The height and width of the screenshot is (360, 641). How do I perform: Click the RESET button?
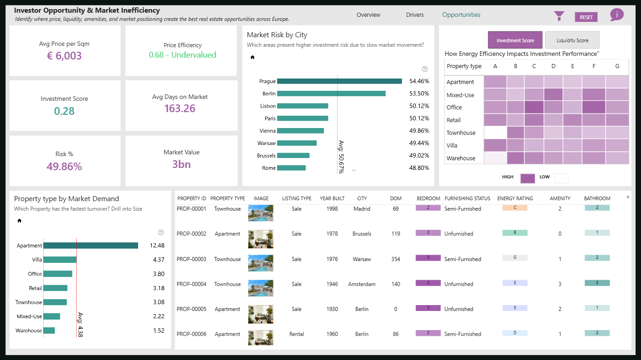[586, 17]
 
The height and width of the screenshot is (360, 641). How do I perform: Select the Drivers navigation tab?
[415, 15]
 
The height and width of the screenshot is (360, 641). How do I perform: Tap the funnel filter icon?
[559, 16]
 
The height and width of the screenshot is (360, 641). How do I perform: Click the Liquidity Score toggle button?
[572, 40]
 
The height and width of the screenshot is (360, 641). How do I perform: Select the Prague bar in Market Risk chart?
[339, 81]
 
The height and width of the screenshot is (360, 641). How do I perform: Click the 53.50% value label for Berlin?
[419, 94]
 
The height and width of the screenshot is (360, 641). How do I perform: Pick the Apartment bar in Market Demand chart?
[91, 245]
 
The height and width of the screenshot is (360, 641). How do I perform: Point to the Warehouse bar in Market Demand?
[49, 330]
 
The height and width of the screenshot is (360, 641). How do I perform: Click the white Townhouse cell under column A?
[495, 133]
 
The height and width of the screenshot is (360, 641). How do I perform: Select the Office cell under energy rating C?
[534, 107]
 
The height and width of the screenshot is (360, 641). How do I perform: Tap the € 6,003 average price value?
[64, 55]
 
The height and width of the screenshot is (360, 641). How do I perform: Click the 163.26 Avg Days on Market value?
[180, 108]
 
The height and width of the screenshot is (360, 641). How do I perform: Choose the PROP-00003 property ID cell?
[191, 259]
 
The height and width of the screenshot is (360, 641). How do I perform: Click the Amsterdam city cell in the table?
[362, 284]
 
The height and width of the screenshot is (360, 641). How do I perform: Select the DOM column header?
[396, 198]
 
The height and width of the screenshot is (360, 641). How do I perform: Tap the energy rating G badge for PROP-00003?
[515, 258]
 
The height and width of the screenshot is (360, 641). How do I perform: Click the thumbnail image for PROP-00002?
[260, 239]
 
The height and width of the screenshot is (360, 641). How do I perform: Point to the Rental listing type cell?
[297, 334]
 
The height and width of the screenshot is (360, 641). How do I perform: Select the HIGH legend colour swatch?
[528, 178]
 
